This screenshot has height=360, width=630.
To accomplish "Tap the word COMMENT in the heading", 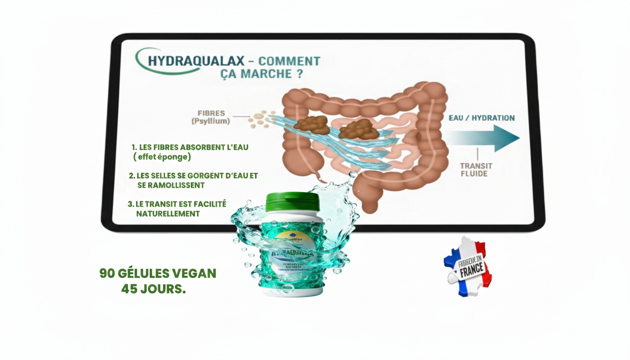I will click(x=289, y=61).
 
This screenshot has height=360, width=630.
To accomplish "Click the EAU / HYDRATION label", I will click(x=481, y=118).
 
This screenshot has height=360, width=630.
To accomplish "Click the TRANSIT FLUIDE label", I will click(x=476, y=170).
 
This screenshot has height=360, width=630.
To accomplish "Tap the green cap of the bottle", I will click(x=292, y=202).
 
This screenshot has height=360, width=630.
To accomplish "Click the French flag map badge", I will click(x=467, y=266).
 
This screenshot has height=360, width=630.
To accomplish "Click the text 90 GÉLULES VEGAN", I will click(x=157, y=273).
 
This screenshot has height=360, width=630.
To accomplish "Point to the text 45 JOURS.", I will click(x=153, y=289).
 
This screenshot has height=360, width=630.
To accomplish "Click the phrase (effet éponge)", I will click(x=162, y=157).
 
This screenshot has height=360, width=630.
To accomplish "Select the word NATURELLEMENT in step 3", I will click(x=168, y=214).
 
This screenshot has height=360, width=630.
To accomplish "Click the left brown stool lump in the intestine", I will click(x=311, y=124).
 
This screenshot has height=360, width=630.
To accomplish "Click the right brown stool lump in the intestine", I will click(x=359, y=129).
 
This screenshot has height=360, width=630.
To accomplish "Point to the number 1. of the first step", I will click(x=135, y=147).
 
